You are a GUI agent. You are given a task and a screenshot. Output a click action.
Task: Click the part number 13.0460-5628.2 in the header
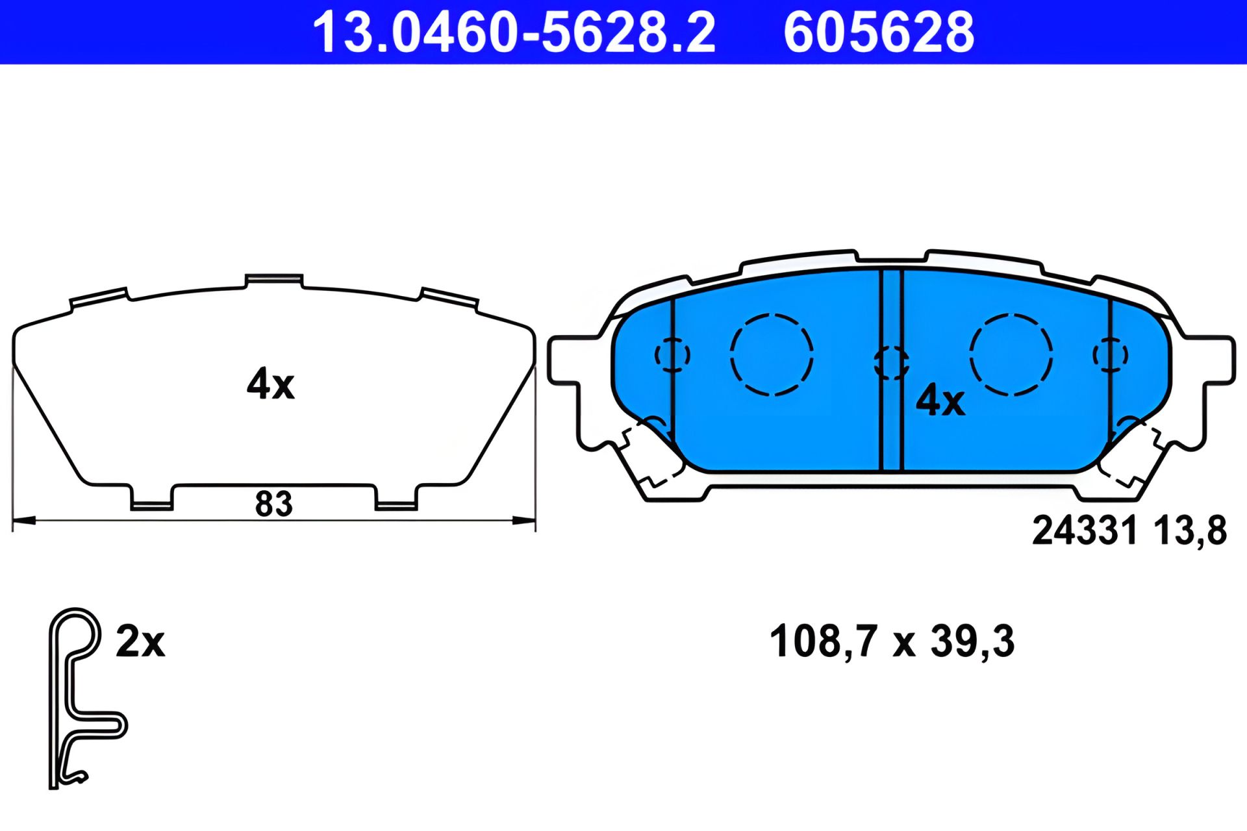point(514,32)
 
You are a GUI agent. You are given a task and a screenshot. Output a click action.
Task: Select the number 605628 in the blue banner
point(879,32)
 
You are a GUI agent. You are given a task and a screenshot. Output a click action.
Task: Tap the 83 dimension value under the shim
point(273,504)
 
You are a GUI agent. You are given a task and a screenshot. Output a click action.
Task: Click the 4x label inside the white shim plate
point(270,384)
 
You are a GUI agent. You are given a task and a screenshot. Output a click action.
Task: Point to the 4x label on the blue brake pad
point(940,400)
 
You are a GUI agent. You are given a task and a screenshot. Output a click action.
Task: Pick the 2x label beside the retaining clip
point(140,641)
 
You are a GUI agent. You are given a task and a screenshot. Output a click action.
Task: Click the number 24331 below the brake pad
point(1085,530)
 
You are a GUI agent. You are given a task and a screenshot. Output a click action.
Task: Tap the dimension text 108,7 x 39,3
point(891,641)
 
